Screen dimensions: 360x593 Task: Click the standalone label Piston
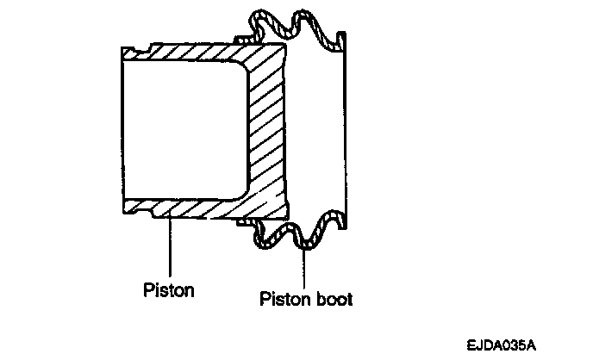click(x=168, y=289)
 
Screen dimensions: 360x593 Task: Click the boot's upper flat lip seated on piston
click(x=246, y=39)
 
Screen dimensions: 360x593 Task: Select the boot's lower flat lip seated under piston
click(x=246, y=221)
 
